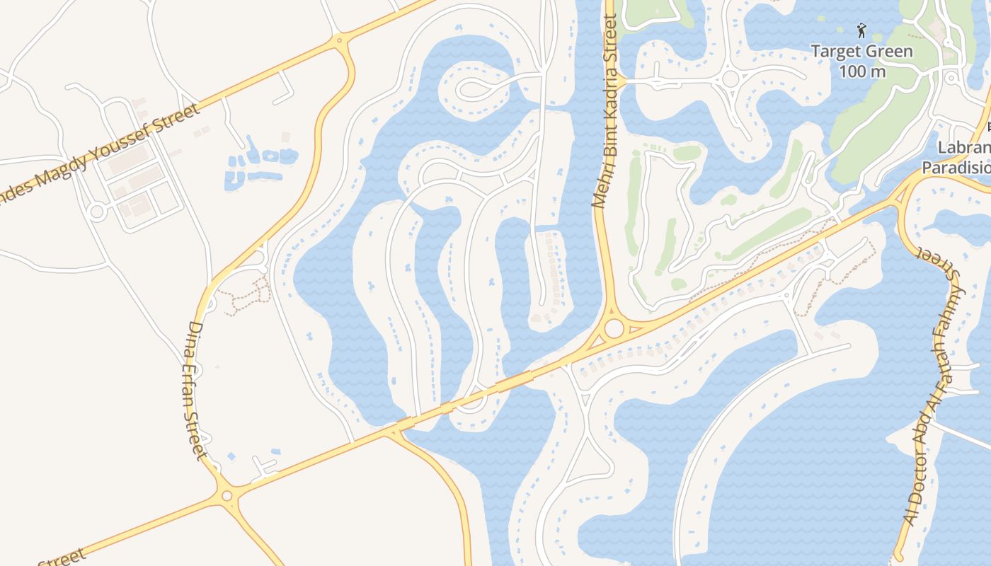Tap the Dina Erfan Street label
coord(195,391)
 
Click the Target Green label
coord(861,52)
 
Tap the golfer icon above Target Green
coord(861,30)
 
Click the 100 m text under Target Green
coord(862,71)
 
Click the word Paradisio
coord(956,168)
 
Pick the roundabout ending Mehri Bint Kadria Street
coord(614,328)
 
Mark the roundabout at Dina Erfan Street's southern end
coord(227,496)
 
